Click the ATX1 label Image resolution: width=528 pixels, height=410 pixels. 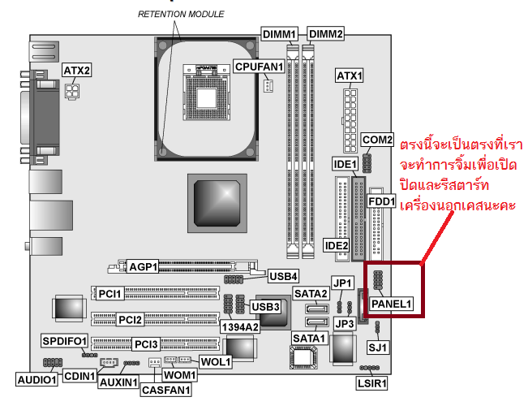coord(349,76)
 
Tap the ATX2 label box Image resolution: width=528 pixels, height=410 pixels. coord(76,71)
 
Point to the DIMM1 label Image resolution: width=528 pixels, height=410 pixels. coord(280,33)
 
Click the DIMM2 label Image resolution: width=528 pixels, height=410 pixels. coord(326,33)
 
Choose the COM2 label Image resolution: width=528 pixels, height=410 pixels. coord(377,140)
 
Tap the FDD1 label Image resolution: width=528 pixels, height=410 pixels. coord(381,201)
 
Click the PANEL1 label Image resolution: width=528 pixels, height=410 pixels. coord(393,304)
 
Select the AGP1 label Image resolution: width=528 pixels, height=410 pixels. coord(144,265)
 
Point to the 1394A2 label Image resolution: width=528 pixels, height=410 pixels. coord(241,326)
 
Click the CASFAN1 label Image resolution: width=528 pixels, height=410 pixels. coord(165,389)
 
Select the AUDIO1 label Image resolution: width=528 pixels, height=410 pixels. coord(37,378)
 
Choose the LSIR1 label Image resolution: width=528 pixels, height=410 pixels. coord(372,382)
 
